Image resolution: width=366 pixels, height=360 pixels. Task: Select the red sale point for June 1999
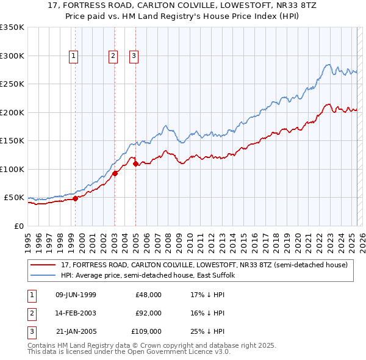(x=75, y=198)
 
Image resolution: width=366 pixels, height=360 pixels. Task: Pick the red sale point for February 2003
(x=115, y=173)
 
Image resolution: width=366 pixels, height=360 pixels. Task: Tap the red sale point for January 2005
(x=135, y=164)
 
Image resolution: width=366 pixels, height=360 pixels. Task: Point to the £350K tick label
(x=12, y=27)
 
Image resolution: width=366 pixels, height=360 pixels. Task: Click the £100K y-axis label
(x=12, y=169)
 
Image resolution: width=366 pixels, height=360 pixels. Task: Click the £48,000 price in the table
(x=148, y=295)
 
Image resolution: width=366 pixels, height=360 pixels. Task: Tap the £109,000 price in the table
(x=146, y=331)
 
